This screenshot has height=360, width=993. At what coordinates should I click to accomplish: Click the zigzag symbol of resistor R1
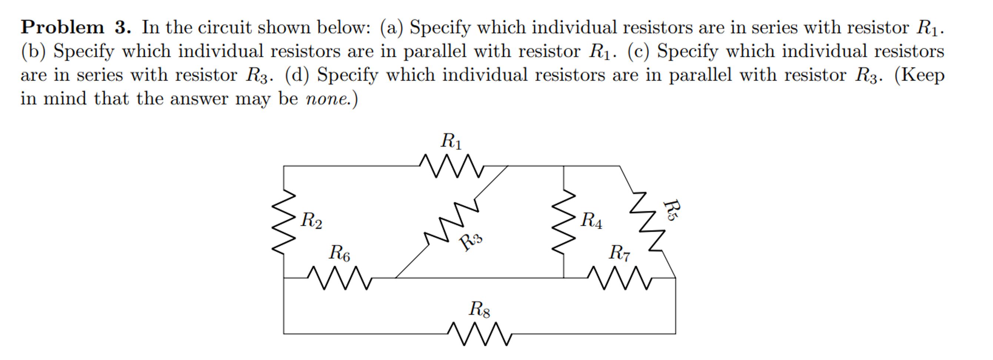click(451, 166)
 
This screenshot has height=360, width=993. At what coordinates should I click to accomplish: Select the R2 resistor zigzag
click(284, 221)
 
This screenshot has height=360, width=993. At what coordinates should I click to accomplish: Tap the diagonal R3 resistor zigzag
click(452, 222)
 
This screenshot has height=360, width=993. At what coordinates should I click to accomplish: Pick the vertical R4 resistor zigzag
click(564, 221)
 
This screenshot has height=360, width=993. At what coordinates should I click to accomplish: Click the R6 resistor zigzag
click(339, 277)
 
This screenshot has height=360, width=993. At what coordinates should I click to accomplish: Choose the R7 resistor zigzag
click(620, 277)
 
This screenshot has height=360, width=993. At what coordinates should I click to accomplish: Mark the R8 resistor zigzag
click(480, 334)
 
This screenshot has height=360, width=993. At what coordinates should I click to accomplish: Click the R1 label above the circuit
click(451, 141)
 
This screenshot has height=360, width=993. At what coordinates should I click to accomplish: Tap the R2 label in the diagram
click(311, 220)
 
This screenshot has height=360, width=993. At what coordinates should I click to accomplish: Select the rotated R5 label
click(671, 210)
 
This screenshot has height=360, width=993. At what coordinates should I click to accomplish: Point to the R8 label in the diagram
click(479, 309)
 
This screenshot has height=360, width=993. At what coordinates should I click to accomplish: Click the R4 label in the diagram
click(591, 220)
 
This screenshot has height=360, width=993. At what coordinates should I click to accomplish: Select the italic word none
click(327, 99)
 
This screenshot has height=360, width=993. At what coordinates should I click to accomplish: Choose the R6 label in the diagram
click(339, 253)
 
